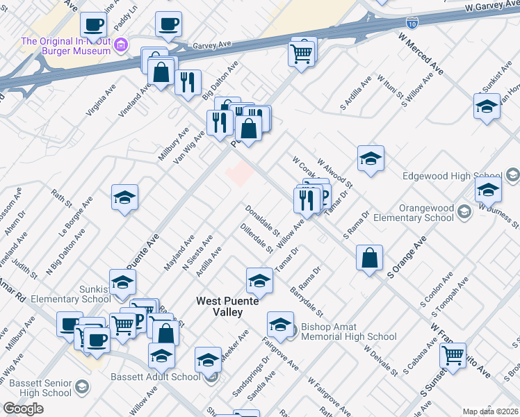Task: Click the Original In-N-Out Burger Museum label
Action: click(66, 46)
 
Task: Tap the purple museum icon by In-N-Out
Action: click(122, 46)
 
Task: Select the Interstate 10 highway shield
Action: click(412, 24)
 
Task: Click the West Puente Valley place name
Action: click(227, 306)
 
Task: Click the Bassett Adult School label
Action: click(155, 377)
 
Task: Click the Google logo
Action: click(23, 409)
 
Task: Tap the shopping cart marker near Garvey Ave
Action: click(302, 51)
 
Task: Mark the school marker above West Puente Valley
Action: click(259, 280)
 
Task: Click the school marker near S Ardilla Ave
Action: click(371, 158)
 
